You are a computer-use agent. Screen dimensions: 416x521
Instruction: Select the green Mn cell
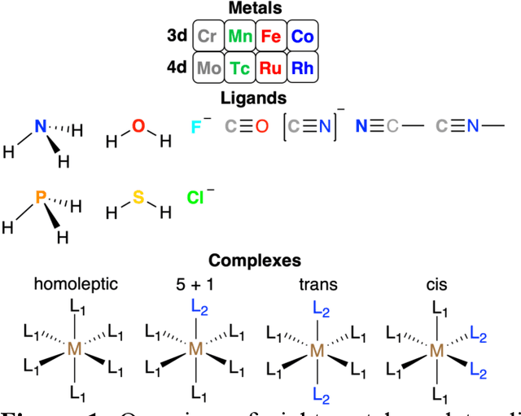pos(240,37)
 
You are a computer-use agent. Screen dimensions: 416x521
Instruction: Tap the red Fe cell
pos(271,37)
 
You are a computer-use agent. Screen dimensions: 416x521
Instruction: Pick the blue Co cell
pos(302,37)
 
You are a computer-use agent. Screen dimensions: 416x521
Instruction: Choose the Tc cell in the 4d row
pos(240,68)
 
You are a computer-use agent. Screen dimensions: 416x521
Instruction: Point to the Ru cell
pos(271,68)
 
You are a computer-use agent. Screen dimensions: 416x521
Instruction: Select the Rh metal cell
pos(302,68)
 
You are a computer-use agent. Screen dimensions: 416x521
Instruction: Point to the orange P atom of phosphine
pos(40,197)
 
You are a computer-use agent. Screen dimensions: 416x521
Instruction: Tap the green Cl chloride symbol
pos(195,197)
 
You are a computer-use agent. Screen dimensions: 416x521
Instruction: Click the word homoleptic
pos(76,284)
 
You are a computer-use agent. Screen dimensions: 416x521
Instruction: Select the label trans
pos(318,284)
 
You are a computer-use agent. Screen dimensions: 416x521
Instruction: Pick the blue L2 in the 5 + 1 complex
pos(198,307)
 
